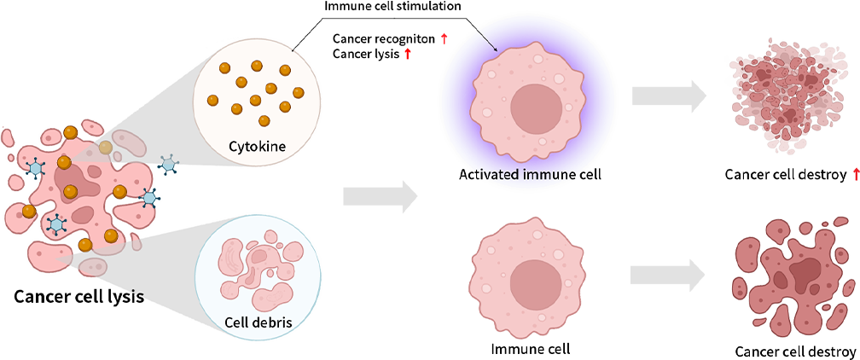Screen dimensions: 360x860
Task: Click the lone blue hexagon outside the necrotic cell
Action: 169,162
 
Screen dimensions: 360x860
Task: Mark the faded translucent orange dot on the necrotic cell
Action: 105,148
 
